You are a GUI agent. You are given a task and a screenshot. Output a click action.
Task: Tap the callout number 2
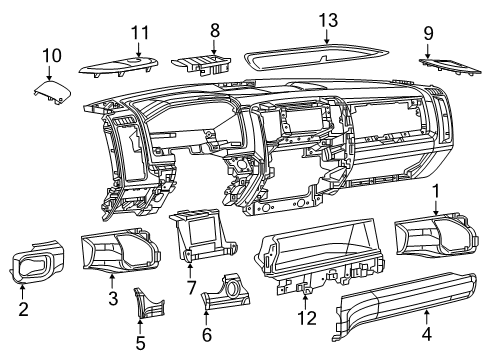[22, 309]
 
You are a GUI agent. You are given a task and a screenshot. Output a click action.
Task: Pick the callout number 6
[207, 335]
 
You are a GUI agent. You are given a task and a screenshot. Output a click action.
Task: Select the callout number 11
[139, 32]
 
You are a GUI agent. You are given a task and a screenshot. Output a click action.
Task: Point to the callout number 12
[308, 318]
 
